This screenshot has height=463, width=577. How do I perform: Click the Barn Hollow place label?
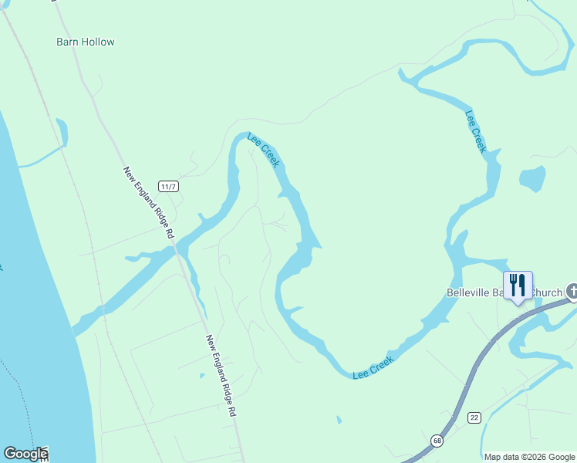click(x=86, y=42)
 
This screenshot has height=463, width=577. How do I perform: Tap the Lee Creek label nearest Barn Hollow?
click(x=263, y=150)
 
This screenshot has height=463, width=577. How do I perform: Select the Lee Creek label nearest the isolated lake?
click(x=476, y=131)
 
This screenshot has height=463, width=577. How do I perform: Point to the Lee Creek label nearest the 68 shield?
click(x=373, y=367)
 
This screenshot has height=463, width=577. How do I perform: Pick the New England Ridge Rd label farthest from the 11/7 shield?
click(x=221, y=375)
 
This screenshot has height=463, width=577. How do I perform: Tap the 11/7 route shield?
click(x=169, y=186)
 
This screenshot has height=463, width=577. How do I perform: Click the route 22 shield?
click(x=474, y=417)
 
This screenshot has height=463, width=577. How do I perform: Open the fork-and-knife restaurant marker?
click(x=518, y=286)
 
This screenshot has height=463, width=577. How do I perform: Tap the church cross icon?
click(x=572, y=291)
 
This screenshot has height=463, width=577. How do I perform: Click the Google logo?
click(x=25, y=454)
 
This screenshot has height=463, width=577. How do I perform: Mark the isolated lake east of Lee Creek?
click(x=531, y=179)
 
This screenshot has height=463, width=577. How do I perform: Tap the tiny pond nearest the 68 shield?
click(x=339, y=420)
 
